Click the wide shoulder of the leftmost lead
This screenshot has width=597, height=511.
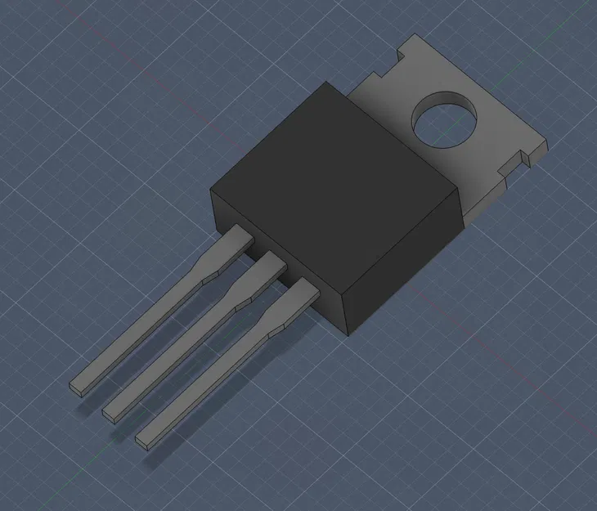233,245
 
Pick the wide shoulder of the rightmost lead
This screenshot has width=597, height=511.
295,301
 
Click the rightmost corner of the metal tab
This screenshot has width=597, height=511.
546,145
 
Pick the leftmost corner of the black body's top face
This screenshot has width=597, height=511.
212,191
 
